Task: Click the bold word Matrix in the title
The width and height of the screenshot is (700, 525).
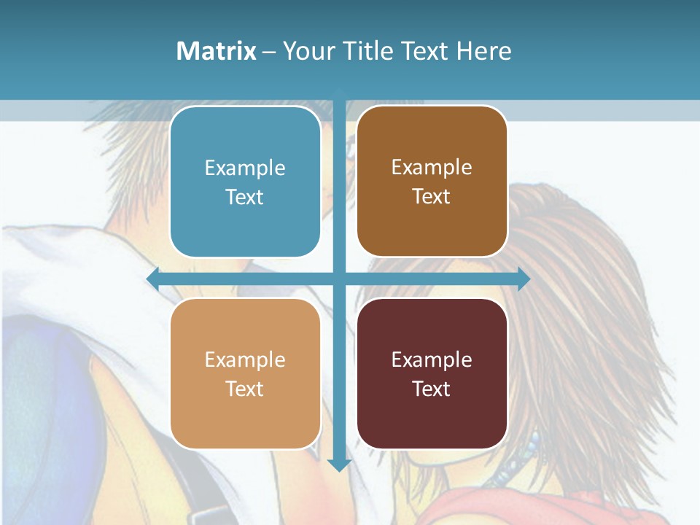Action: pos(216,51)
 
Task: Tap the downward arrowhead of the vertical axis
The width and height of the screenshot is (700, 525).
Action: pos(339,464)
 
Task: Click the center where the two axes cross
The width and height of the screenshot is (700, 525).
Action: pos(339,279)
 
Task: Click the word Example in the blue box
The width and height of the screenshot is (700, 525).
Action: pos(245,168)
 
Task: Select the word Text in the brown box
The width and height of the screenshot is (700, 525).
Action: pos(432,197)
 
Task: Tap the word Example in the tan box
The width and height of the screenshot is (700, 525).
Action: pos(245,359)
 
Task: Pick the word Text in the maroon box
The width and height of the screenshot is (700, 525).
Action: pos(432,389)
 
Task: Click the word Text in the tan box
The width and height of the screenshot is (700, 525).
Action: pos(245,389)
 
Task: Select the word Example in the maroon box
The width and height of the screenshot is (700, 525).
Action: pos(432,359)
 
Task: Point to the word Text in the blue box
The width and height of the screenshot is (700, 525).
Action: pos(245,197)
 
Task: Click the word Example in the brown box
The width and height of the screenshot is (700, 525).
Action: pos(432,168)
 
